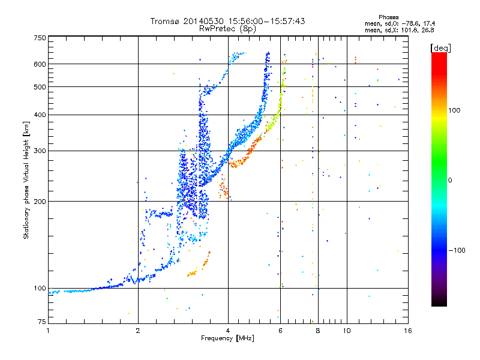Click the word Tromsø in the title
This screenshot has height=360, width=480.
tap(164, 21)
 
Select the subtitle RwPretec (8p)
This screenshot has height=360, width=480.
tap(228, 28)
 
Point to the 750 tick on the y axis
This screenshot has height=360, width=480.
tap(40, 38)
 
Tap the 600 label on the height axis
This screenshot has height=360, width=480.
tap(40, 64)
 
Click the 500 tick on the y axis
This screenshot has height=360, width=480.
tap(40, 87)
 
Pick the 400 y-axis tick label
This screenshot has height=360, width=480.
tap(40, 115)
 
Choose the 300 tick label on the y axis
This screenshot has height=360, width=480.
tap(40, 151)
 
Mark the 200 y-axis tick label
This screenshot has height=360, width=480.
tap(40, 202)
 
